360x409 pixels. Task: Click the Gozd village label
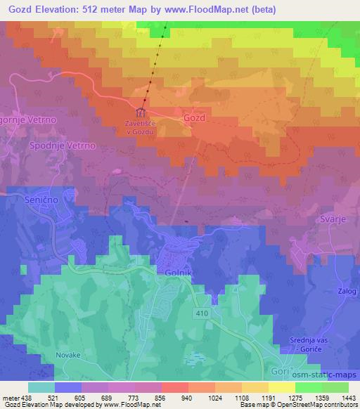click(x=193, y=118)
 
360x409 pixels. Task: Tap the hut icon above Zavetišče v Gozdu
click(x=141, y=112)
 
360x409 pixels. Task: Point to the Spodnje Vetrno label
click(x=62, y=145)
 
